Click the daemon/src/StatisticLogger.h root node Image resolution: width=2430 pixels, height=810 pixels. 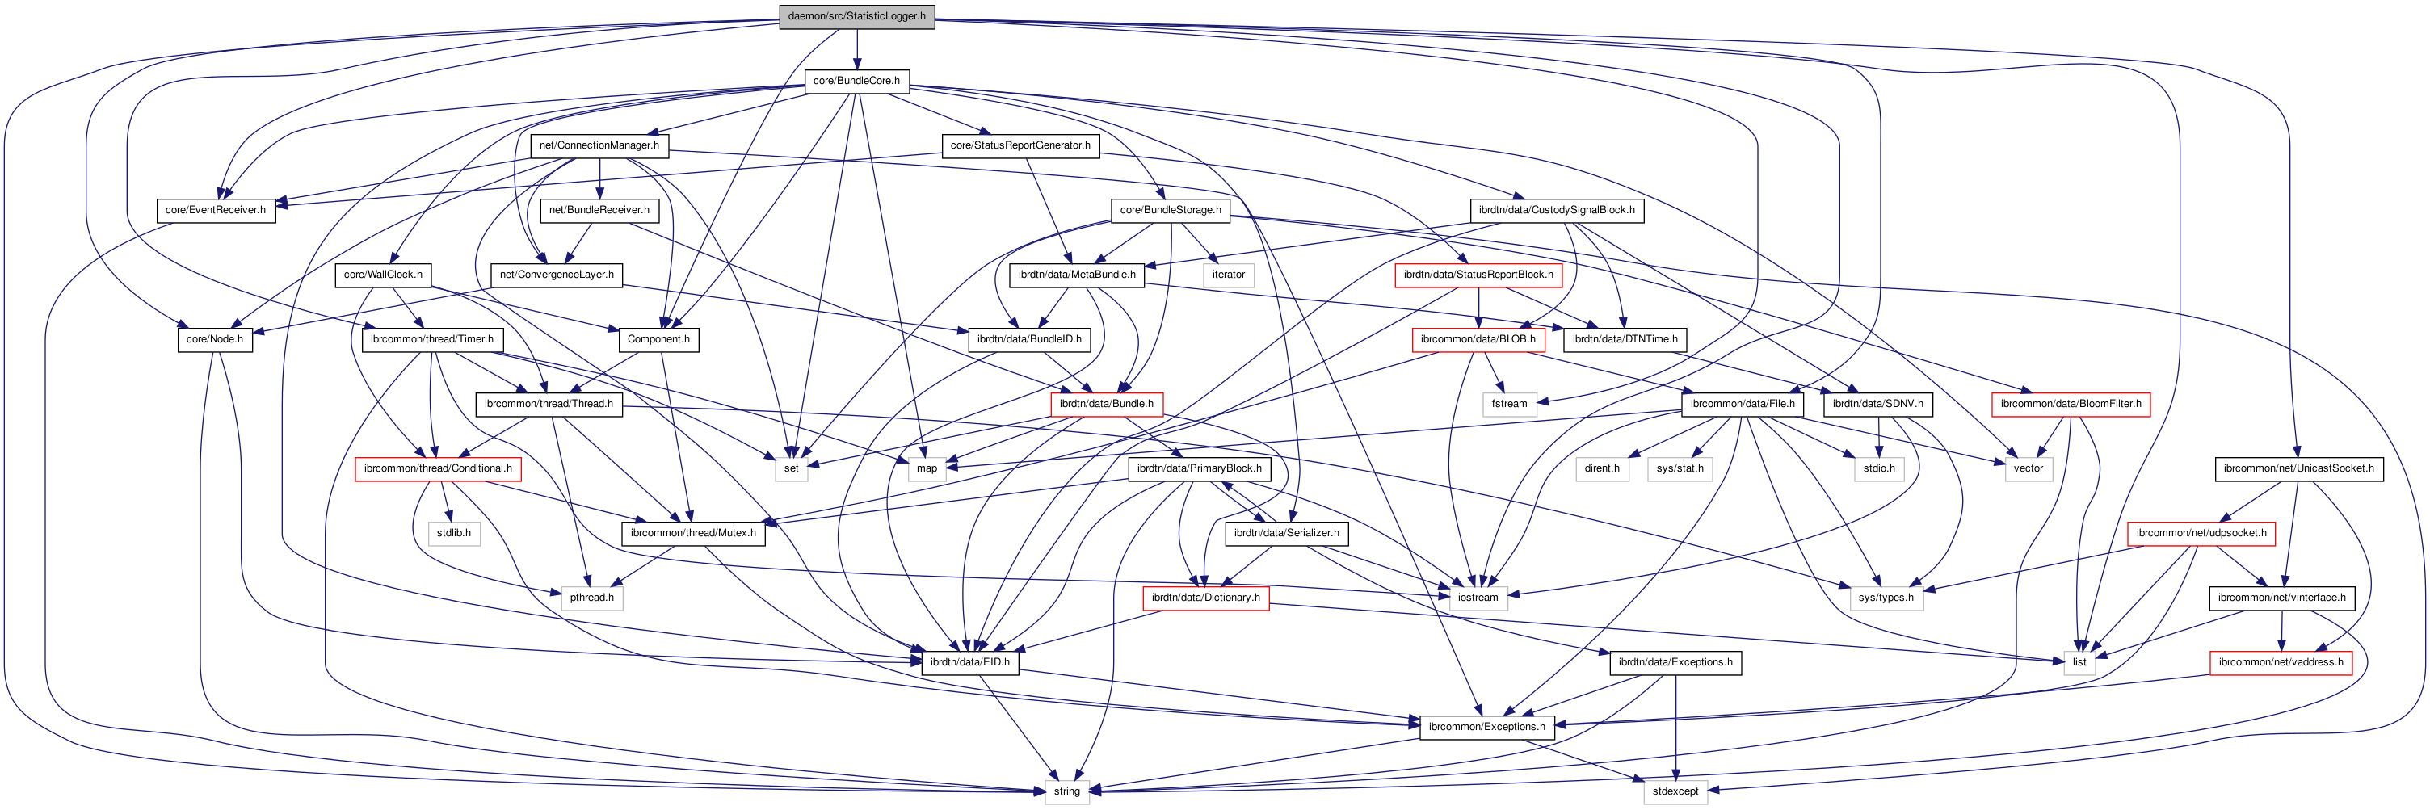(x=856, y=16)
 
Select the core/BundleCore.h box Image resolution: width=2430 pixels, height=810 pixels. (x=856, y=81)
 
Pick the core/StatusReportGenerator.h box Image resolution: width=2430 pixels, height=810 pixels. (x=1020, y=145)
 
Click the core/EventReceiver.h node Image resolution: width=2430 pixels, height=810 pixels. (x=215, y=209)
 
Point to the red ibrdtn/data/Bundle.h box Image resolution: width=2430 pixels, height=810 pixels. (x=1106, y=404)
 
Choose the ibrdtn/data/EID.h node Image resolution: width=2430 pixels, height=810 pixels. (x=969, y=662)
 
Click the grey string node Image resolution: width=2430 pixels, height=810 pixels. (x=1066, y=791)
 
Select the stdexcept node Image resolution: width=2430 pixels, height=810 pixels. (x=1675, y=791)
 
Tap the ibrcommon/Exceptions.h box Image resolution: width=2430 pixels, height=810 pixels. (x=1486, y=727)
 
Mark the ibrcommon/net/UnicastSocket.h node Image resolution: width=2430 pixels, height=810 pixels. (x=2298, y=468)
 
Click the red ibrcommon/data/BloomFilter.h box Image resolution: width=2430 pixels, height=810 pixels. (x=2071, y=404)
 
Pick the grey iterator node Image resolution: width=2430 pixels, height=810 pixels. (x=1228, y=275)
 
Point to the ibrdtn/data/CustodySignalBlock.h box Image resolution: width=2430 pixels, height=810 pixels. (x=1557, y=209)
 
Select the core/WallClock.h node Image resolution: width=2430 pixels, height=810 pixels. (x=383, y=275)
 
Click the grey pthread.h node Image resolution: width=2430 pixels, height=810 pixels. (x=591, y=598)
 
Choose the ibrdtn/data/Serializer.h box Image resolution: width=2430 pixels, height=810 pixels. (x=1286, y=533)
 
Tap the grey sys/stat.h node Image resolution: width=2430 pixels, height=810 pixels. (x=1680, y=468)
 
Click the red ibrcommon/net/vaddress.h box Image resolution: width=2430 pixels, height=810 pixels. (x=2280, y=662)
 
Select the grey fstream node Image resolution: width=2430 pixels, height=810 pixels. (x=1509, y=404)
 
